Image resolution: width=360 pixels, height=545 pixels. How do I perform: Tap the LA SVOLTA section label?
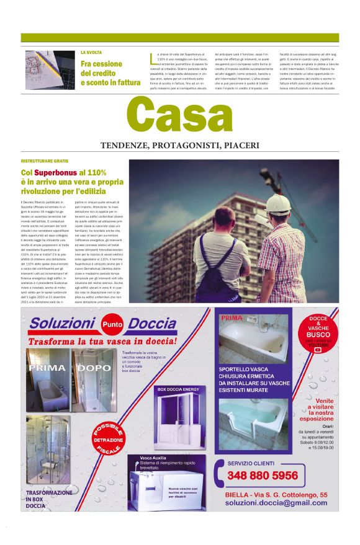click(91, 53)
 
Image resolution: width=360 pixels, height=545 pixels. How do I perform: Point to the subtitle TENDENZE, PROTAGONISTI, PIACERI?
click(179, 146)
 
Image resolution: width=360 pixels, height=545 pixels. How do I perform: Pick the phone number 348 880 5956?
click(263, 476)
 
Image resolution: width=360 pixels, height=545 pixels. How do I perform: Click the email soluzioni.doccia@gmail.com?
click(276, 504)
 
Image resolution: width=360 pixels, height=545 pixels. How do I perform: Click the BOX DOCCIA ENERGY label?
click(178, 389)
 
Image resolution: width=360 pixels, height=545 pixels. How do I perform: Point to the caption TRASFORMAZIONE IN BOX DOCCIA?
click(49, 499)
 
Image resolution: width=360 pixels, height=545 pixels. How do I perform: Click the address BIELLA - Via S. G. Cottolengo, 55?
click(277, 494)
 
